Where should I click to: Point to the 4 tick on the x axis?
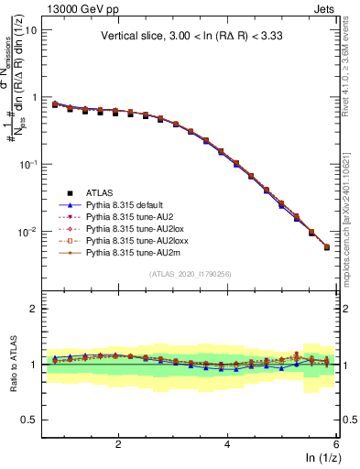(228, 444)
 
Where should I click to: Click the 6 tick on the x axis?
(336, 444)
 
